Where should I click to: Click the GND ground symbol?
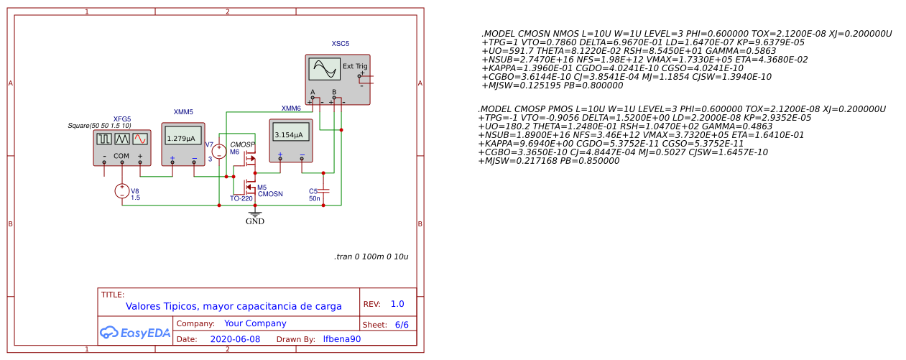(254, 214)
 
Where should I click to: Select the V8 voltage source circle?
(122, 190)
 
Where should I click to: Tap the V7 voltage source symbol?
(221, 152)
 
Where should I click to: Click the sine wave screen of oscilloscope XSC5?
(324, 70)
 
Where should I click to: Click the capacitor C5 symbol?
(323, 190)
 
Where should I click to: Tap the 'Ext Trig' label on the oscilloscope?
(355, 66)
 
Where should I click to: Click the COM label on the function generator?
(121, 156)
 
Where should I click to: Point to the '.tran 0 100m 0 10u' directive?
(371, 257)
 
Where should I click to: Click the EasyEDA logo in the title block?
(134, 333)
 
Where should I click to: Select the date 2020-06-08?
(235, 339)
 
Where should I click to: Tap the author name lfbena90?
(342, 339)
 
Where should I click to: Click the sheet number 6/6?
(402, 324)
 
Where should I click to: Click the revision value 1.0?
(397, 304)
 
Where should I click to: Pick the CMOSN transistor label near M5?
(270, 194)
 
